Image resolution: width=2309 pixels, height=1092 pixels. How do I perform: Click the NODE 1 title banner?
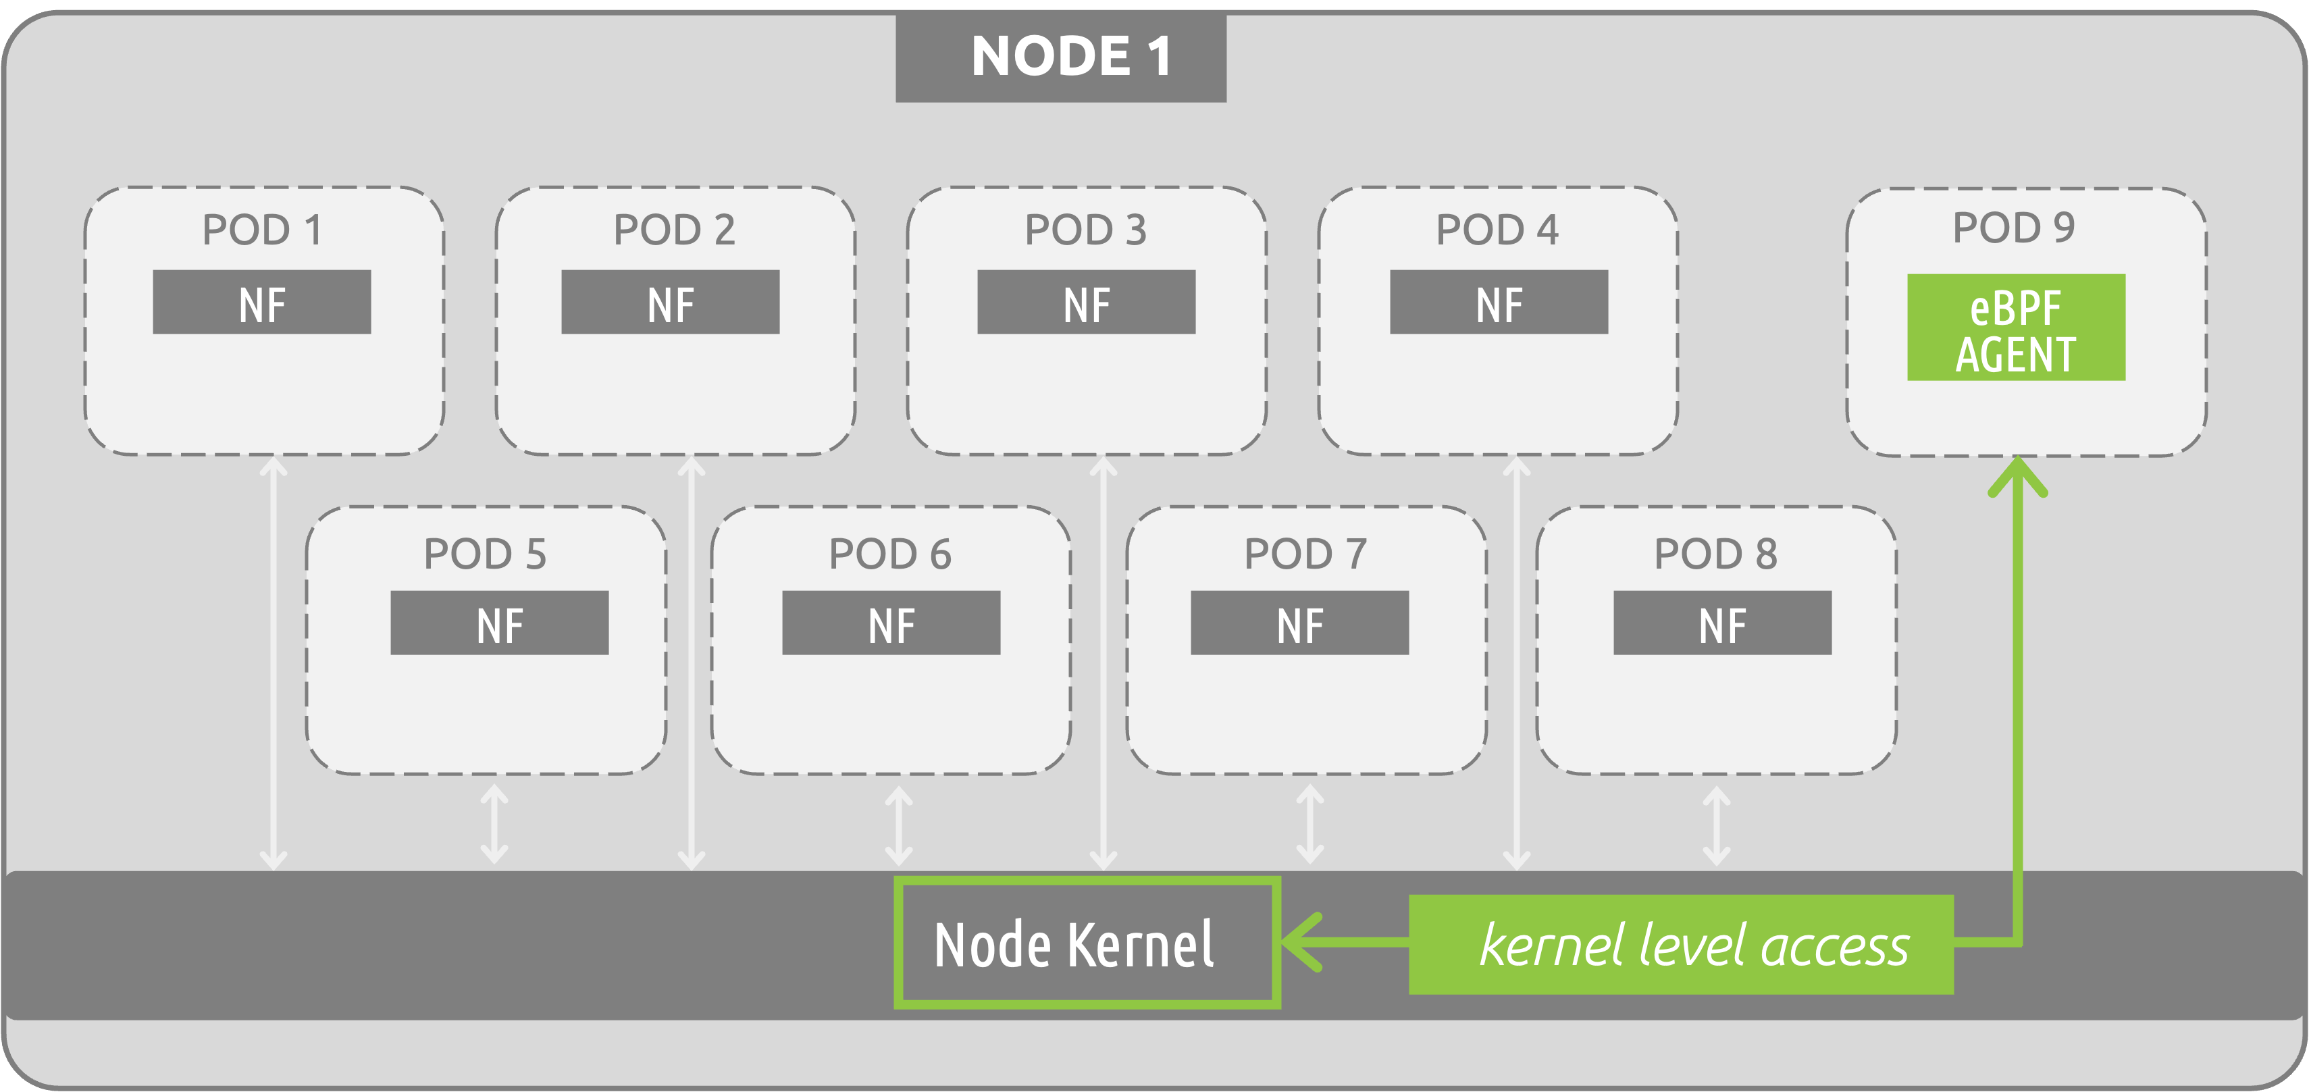click(1060, 57)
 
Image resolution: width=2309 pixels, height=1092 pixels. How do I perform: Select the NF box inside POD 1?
click(262, 302)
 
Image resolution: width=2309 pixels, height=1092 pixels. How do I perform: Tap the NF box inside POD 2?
click(671, 302)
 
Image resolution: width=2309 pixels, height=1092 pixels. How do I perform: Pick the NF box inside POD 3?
click(1087, 302)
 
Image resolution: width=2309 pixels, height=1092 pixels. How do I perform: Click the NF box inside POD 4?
click(1499, 302)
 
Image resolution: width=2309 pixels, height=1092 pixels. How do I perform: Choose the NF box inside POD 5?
click(499, 623)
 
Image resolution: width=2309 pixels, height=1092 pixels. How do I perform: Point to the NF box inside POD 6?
click(891, 623)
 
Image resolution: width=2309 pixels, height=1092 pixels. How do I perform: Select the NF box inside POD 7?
click(1300, 623)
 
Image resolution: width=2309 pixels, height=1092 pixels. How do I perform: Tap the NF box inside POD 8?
click(1722, 623)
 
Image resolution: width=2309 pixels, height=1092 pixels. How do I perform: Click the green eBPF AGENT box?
click(2016, 328)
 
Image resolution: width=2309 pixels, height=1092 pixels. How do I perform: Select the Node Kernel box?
click(1087, 942)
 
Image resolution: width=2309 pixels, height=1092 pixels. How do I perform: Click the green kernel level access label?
click(1681, 944)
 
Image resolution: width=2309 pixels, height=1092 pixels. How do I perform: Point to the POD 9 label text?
click(2013, 228)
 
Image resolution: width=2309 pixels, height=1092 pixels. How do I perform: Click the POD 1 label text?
click(262, 230)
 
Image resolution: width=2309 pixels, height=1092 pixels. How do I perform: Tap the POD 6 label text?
click(890, 554)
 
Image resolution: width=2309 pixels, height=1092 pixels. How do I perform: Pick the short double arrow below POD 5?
click(495, 824)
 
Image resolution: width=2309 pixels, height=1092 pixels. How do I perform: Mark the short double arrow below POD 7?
click(1309, 824)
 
